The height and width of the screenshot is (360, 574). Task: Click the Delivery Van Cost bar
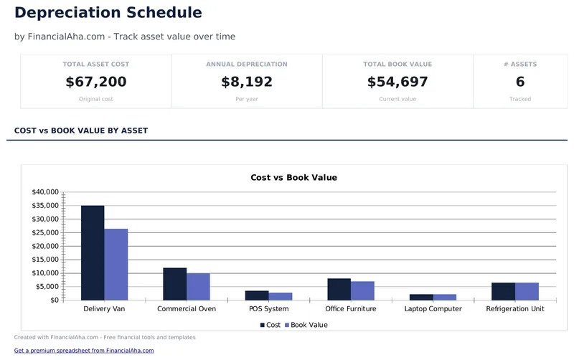pyautogui.click(x=93, y=252)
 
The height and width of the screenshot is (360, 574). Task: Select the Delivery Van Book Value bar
pyautogui.click(x=116, y=264)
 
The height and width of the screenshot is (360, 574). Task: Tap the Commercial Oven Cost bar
pyautogui.click(x=175, y=284)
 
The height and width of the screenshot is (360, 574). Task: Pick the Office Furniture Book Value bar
pyautogui.click(x=363, y=290)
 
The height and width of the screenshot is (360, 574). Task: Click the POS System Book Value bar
pyautogui.click(x=281, y=296)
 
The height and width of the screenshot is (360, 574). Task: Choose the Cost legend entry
pyautogui.click(x=270, y=325)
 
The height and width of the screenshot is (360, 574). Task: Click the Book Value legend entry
pyautogui.click(x=306, y=325)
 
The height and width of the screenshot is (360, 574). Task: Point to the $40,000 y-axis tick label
pyautogui.click(x=45, y=192)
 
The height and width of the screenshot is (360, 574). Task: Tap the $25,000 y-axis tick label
pyautogui.click(x=45, y=232)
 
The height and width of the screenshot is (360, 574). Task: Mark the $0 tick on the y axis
pyautogui.click(x=54, y=300)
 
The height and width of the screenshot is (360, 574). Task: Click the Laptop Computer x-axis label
pyautogui.click(x=433, y=309)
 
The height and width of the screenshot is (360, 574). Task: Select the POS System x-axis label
pyautogui.click(x=268, y=309)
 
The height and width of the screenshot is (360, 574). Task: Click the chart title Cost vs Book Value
pyautogui.click(x=293, y=177)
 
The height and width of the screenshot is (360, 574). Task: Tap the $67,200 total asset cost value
pyautogui.click(x=96, y=82)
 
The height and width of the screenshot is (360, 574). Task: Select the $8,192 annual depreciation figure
pyautogui.click(x=247, y=82)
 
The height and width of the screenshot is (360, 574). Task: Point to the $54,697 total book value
pyautogui.click(x=397, y=82)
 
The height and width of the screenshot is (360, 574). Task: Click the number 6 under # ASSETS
pyautogui.click(x=520, y=82)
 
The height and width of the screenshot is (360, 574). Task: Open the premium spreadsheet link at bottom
pyautogui.click(x=84, y=351)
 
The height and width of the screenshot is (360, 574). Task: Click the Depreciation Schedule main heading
pyautogui.click(x=108, y=13)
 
